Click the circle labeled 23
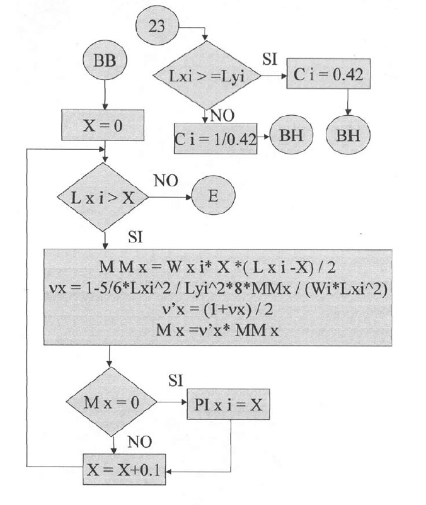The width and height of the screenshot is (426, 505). (x=157, y=26)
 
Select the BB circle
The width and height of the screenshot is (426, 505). (x=105, y=60)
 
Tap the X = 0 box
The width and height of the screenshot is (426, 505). (x=103, y=125)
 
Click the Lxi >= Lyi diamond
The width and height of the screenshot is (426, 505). (x=207, y=76)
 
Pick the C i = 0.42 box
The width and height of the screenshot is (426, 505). (x=328, y=74)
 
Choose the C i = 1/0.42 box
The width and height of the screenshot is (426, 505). (x=216, y=139)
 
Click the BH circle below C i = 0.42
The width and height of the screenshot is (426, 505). (x=348, y=135)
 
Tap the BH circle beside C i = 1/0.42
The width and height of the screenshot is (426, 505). (x=291, y=135)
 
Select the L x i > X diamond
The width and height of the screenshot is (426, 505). (x=103, y=198)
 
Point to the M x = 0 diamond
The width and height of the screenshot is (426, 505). (x=112, y=402)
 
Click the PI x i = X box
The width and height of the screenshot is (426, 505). (x=228, y=404)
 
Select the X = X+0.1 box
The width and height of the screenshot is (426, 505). (x=124, y=470)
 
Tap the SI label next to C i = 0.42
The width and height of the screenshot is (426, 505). (x=270, y=59)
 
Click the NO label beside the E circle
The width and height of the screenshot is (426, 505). (x=166, y=181)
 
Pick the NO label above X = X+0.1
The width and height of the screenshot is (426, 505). (x=139, y=442)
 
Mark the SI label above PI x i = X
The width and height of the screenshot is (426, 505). (x=176, y=380)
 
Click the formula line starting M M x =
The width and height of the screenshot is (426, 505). (x=217, y=267)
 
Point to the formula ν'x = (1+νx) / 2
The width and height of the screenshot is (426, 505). (x=217, y=309)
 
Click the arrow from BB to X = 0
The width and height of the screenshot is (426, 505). (x=105, y=95)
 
